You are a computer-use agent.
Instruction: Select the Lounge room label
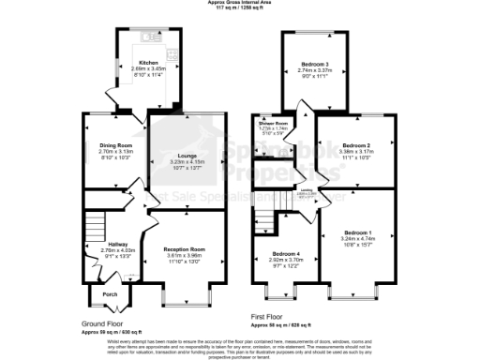click(187, 156)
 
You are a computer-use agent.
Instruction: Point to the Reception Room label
click(186, 249)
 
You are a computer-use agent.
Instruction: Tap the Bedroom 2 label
click(356, 145)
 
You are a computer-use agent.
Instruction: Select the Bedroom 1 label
click(356, 232)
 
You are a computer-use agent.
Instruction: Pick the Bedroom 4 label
click(286, 254)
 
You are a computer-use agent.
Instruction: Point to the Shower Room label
click(273, 124)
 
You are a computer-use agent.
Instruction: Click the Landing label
click(306, 189)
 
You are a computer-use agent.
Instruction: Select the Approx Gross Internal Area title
click(240, 3)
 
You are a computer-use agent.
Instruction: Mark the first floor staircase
click(264, 222)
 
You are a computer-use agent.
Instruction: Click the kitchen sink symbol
click(151, 37)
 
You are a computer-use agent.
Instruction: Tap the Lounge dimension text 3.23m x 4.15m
click(187, 162)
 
